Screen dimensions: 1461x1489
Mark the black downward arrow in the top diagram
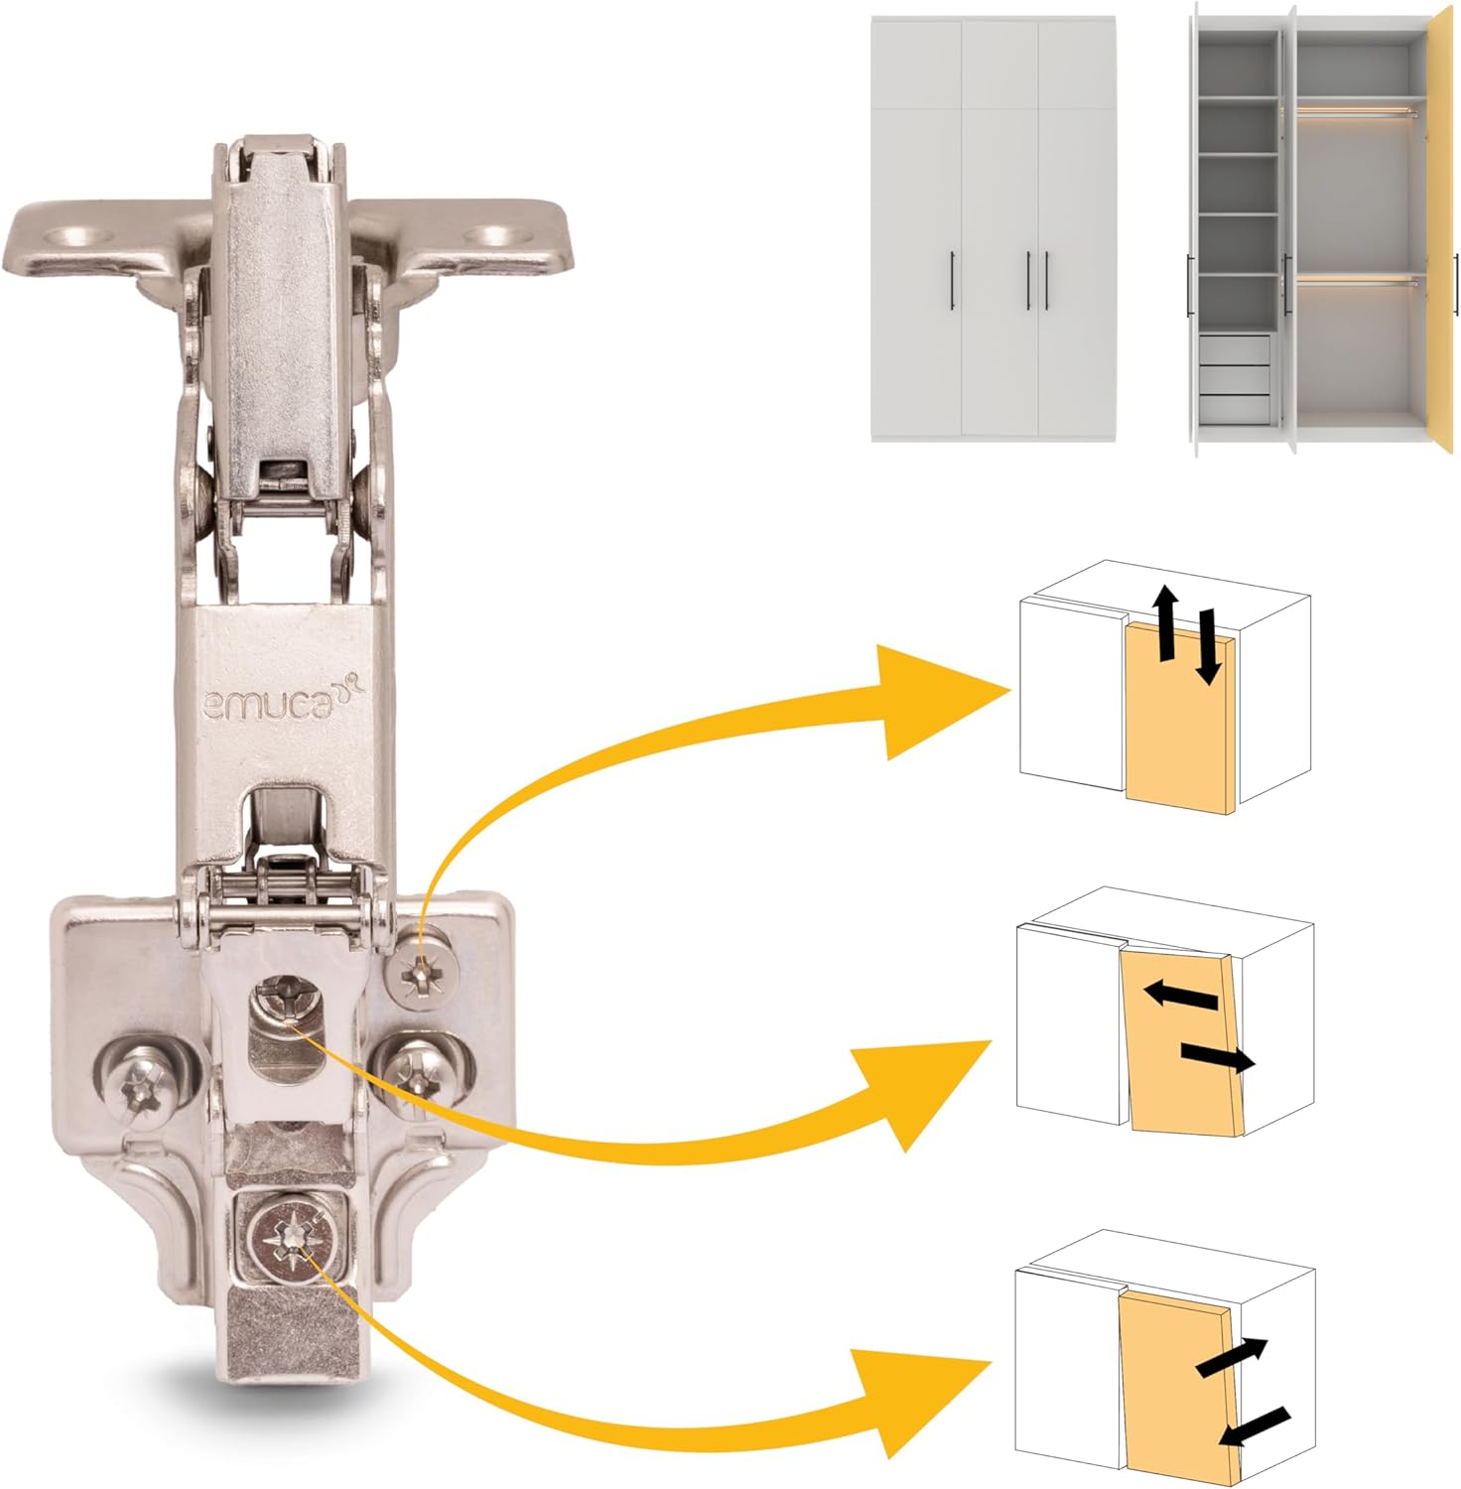click(1206, 646)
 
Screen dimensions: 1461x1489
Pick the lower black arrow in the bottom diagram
click(1254, 1425)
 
